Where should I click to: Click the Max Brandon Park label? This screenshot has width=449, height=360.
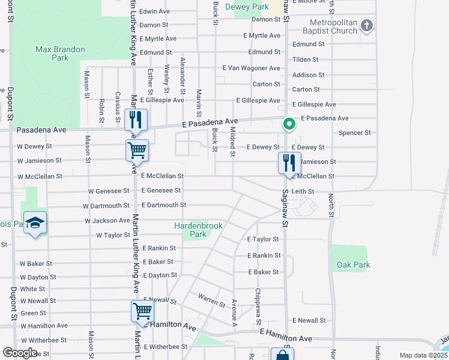(60, 53)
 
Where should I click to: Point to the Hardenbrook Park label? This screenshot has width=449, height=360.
(199, 230)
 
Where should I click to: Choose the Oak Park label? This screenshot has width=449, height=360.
(354, 265)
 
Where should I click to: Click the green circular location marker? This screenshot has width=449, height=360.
(289, 124)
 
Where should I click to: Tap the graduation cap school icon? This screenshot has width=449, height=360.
(35, 223)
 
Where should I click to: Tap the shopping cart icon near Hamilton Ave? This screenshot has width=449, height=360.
(142, 311)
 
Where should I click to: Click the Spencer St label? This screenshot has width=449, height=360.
(354, 133)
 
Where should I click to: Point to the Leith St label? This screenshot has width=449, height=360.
(303, 191)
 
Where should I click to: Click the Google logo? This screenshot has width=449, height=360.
(20, 353)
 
